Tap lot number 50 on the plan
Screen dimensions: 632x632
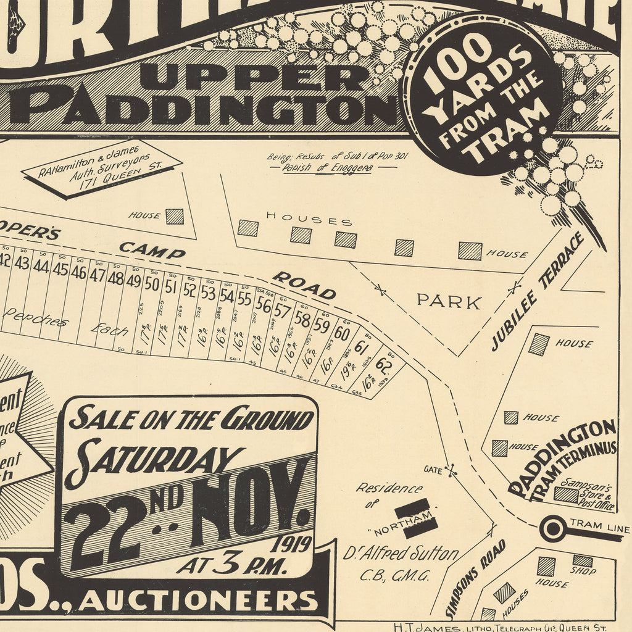tap(152, 285)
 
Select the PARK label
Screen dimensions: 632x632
tap(449, 302)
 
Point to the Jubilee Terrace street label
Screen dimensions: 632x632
tap(538, 292)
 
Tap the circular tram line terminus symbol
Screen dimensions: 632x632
tap(552, 529)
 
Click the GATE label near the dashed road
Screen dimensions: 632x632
tap(433, 470)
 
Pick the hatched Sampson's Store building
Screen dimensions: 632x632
tap(565, 494)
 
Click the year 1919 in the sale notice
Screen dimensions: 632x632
tap(289, 544)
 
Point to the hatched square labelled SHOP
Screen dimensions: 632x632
tap(582, 560)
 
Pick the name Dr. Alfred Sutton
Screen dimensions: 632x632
tap(401, 554)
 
